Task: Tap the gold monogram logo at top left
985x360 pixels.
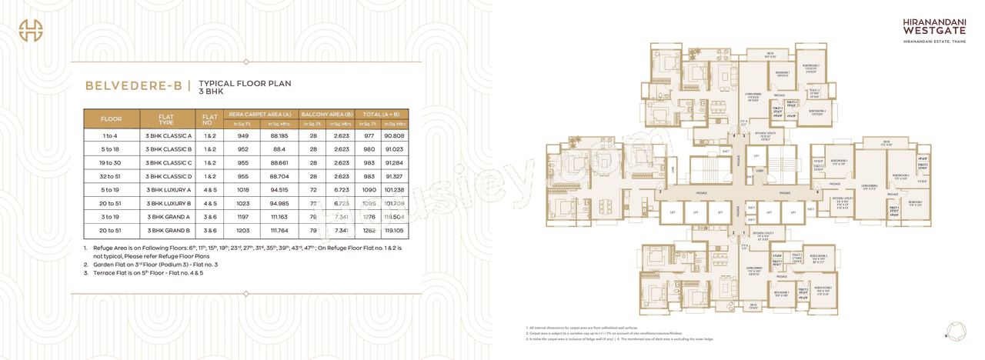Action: pyautogui.click(x=31, y=31)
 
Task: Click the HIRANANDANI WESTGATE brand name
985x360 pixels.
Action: pyautogui.click(x=927, y=28)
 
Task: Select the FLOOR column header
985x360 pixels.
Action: pyautogui.click(x=112, y=119)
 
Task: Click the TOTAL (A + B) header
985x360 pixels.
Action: pyautogui.click(x=381, y=114)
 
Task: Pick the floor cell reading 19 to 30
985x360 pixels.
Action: pyautogui.click(x=112, y=162)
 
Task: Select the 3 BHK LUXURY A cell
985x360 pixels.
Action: pyautogui.click(x=168, y=189)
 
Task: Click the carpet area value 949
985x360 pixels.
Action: pyautogui.click(x=243, y=135)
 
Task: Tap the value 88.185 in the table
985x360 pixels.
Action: pyautogui.click(x=279, y=135)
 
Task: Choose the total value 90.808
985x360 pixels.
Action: pyautogui.click(x=394, y=135)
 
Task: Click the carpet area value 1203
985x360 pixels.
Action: pyautogui.click(x=243, y=230)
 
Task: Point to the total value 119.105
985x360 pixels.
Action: pyautogui.click(x=394, y=230)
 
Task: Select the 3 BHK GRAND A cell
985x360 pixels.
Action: pyautogui.click(x=168, y=217)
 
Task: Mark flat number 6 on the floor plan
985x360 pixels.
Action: pyautogui.click(x=817, y=192)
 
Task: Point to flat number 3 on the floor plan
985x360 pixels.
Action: pyautogui.click(x=659, y=191)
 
